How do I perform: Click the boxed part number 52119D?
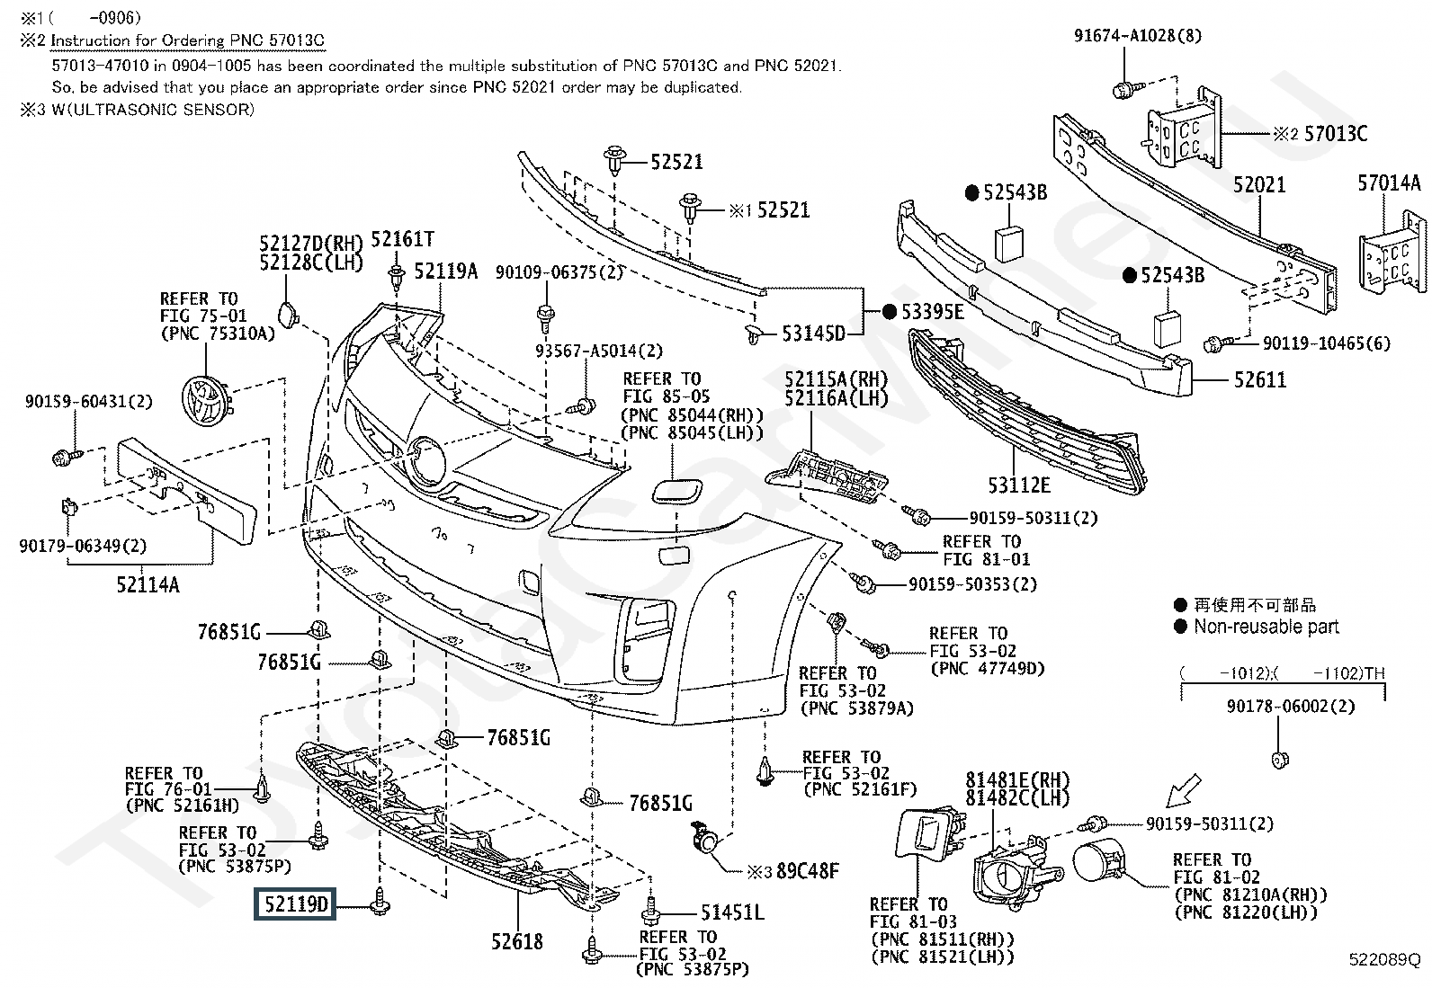tap(295, 903)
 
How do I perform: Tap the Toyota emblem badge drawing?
tap(206, 401)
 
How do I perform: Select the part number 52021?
tap(1258, 184)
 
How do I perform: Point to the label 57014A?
tap(1389, 183)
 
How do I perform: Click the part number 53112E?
tap(1018, 485)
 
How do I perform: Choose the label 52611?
tap(1259, 379)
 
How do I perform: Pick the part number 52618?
tap(516, 941)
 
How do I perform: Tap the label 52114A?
tap(148, 584)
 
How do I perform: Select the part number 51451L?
tap(732, 912)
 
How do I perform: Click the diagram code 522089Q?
tap(1384, 959)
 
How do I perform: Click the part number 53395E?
tap(932, 312)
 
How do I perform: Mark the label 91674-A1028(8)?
tap(1138, 35)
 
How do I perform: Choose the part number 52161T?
tap(402, 239)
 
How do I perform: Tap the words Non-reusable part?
tap(1266, 627)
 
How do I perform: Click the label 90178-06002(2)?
tap(1291, 707)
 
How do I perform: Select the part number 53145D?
tap(813, 333)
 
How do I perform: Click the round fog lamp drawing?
tap(1098, 861)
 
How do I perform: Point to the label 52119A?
tap(445, 271)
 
